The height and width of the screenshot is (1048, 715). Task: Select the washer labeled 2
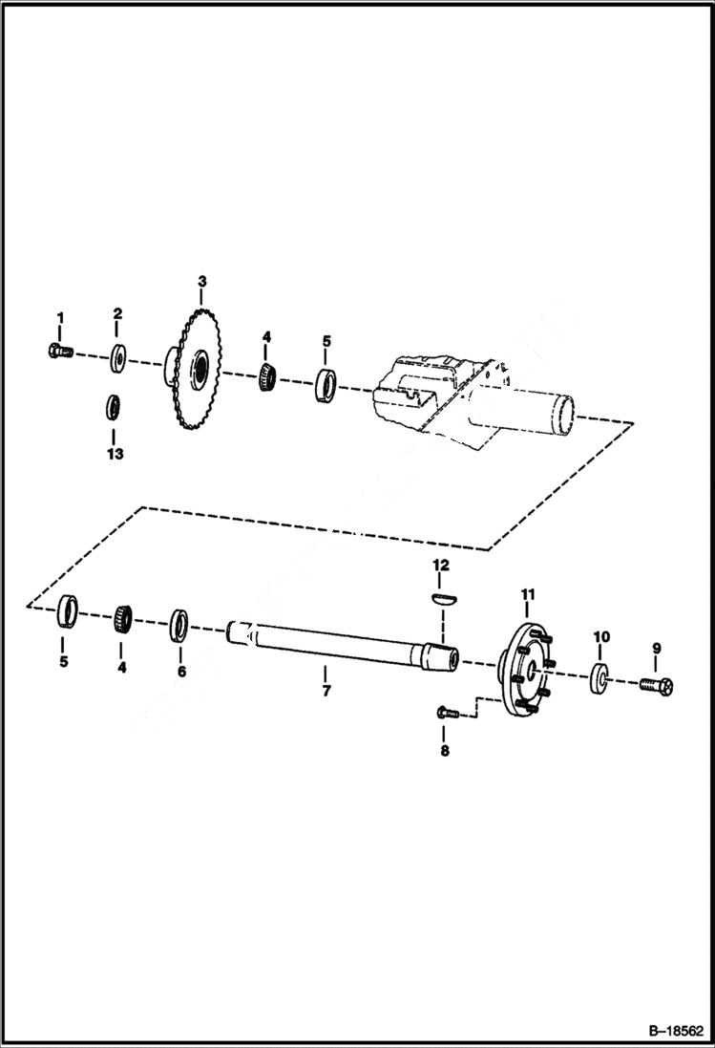pos(119,357)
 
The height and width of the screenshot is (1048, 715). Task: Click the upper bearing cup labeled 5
pos(326,385)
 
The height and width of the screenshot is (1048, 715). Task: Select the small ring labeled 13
pos(113,406)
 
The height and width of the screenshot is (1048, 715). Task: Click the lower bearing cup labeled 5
pos(66,611)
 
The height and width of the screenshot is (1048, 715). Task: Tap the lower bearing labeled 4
pos(121,618)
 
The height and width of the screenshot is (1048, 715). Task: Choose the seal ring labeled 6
pos(179,625)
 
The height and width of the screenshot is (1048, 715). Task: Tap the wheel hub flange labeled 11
pos(526,667)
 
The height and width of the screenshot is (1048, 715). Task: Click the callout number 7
pos(326,690)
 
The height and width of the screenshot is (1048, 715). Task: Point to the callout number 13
pos(115,454)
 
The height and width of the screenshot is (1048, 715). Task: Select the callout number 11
pos(526,596)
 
